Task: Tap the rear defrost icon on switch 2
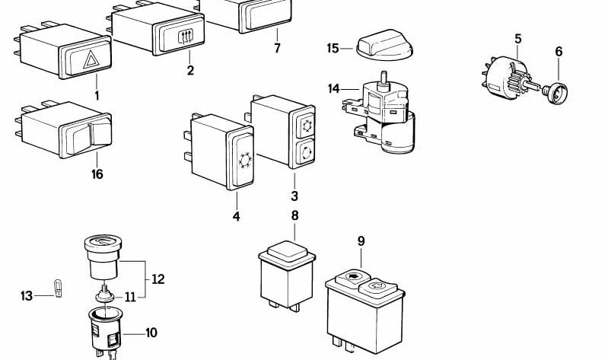[185, 36]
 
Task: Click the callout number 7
[277, 48]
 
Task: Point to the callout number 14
[334, 89]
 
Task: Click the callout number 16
[97, 174]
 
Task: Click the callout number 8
[294, 215]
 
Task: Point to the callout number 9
[361, 241]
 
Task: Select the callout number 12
[158, 279]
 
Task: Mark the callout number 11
[130, 296]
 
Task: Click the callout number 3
[294, 196]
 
